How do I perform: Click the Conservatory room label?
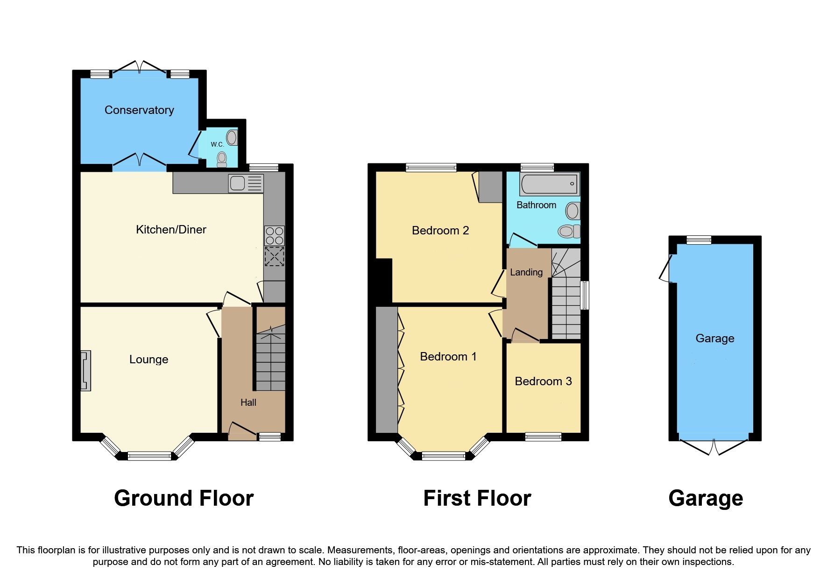pos(139,110)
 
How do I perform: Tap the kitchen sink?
pos(246,184)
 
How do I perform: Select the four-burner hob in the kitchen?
pos(274,236)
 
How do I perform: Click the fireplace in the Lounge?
pos(85,371)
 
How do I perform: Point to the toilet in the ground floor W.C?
pos(222,159)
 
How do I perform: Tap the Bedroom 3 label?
pos(543,381)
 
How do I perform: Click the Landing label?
pos(526,272)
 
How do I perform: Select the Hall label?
pos(248,402)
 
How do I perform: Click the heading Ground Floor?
pos(184,498)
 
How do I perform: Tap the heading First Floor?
pos(477,498)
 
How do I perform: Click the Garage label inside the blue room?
pos(714,339)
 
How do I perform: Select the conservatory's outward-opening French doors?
pos(139,66)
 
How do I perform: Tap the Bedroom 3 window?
pos(543,437)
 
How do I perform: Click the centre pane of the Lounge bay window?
pos(149,456)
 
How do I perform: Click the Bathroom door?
pos(522,240)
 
